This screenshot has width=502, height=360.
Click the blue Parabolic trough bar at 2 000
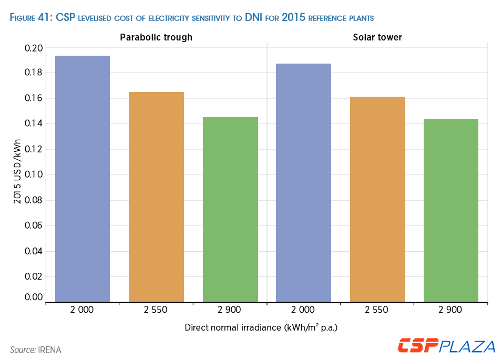(x=83, y=179)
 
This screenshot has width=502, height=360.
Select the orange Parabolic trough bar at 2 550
(x=156, y=197)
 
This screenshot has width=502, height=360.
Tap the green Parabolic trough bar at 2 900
(x=230, y=210)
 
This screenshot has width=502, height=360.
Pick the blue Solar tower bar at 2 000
(x=303, y=183)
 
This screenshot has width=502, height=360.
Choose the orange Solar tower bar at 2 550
(x=377, y=200)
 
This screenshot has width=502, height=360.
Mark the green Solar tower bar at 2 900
(x=450, y=210)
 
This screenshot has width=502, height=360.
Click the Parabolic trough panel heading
(x=156, y=37)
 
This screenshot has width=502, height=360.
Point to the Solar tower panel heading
(x=377, y=37)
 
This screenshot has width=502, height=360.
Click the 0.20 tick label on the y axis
(x=34, y=48)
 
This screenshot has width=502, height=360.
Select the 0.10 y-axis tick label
(x=34, y=174)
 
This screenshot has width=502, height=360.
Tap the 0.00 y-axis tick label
(x=34, y=297)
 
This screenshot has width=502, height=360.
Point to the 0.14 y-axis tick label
(x=34, y=124)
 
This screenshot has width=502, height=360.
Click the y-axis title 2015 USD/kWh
(x=17, y=171)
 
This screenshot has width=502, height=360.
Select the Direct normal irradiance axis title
(x=261, y=327)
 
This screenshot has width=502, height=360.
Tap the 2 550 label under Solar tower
(x=377, y=310)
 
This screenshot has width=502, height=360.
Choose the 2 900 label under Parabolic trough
(x=230, y=310)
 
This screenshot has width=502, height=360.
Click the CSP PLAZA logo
(x=446, y=346)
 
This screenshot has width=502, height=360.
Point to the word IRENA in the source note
(x=50, y=349)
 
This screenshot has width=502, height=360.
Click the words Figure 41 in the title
(x=31, y=18)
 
